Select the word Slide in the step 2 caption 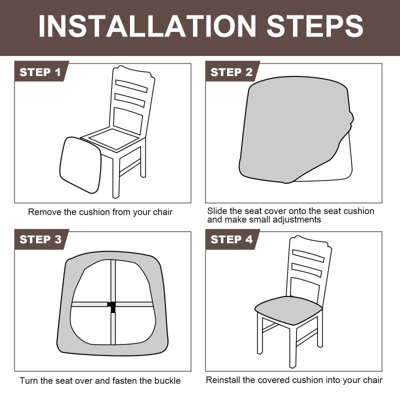click(x=217, y=211)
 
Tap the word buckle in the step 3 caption click(x=167, y=381)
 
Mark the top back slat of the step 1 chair click(x=131, y=85)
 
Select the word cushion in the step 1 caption click(x=93, y=212)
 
